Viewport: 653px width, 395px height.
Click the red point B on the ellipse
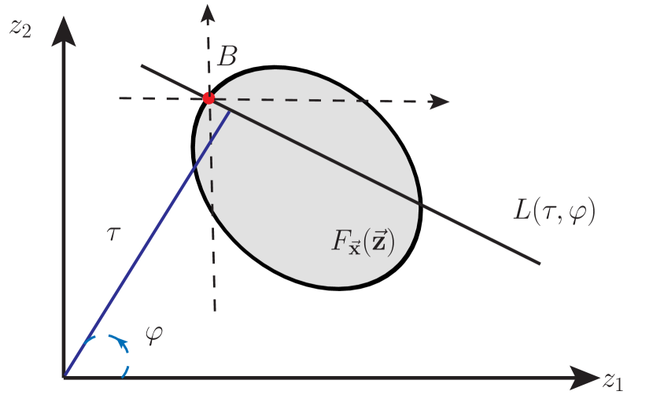[x=208, y=98]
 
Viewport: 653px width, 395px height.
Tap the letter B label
[x=227, y=56]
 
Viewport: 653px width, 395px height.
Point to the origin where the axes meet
[x=64, y=377]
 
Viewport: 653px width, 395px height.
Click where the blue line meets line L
[x=230, y=109]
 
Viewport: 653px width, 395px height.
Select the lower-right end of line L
[x=540, y=263]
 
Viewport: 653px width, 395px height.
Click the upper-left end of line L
[x=142, y=65]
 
